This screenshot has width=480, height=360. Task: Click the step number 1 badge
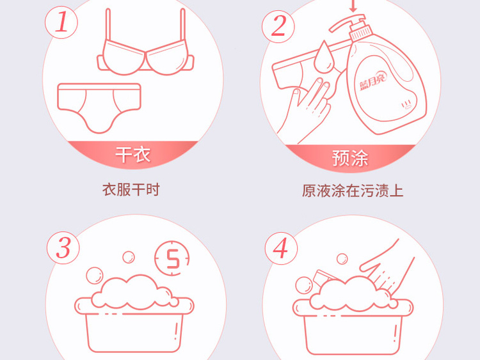(61, 22)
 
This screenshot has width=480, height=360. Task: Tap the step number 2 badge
(278, 26)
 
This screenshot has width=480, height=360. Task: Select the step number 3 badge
(63, 247)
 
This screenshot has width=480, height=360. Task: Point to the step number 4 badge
(281, 248)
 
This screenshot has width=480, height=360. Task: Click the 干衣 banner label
(133, 155)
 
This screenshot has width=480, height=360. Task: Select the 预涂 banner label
(350, 158)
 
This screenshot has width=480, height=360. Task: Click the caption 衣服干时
(131, 190)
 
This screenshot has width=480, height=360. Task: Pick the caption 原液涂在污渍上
(353, 191)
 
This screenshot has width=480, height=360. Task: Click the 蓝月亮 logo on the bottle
(373, 81)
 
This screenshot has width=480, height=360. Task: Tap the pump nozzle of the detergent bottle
(346, 23)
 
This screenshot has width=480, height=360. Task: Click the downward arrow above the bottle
(353, 6)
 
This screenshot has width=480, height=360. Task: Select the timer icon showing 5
(172, 258)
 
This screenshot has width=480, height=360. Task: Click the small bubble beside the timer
(129, 257)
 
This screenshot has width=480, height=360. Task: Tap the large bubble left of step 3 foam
(95, 276)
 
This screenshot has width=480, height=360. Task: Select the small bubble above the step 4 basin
(342, 259)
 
